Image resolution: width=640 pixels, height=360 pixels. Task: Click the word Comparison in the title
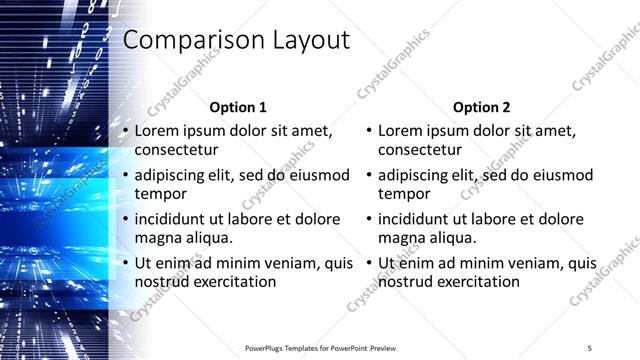tap(186, 40)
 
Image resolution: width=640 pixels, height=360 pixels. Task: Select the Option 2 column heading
tap(482, 107)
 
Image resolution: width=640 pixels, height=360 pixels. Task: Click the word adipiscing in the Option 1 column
tap(173, 175)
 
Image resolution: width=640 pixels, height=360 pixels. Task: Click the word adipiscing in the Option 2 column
tap(417, 175)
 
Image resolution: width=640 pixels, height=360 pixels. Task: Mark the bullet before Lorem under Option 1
tap(125, 131)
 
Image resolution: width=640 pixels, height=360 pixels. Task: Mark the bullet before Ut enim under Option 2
tap(369, 263)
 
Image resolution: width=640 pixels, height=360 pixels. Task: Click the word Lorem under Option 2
tap(401, 131)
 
